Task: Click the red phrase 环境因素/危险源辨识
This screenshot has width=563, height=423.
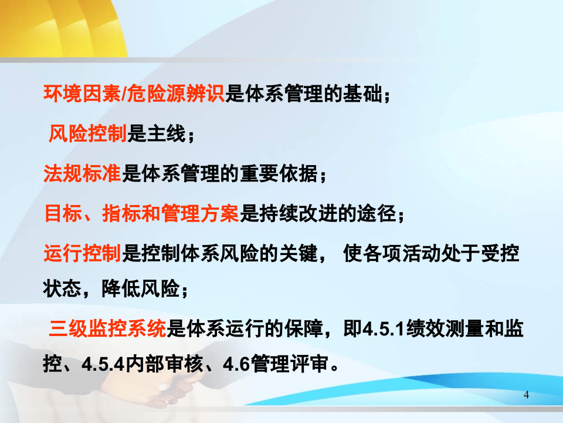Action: (x=134, y=95)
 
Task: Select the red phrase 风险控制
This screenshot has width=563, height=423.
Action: (x=87, y=135)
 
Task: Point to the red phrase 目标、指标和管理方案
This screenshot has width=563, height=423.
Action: (x=141, y=214)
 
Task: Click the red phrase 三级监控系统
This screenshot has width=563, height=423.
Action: (x=108, y=328)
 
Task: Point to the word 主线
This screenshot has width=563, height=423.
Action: (x=166, y=135)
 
